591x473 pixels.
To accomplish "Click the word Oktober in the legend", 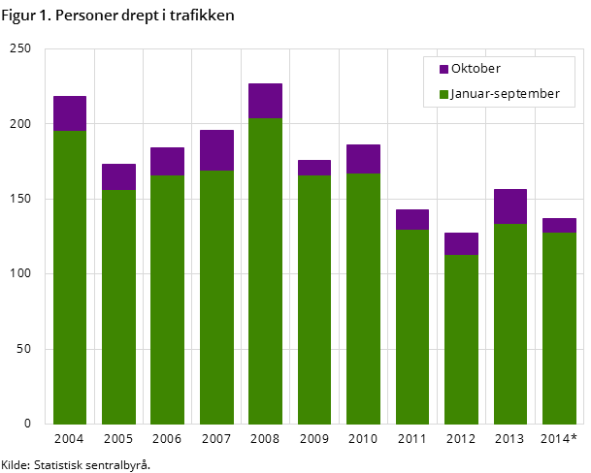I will point(476,70).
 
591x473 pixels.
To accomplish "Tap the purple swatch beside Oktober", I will point(443,70).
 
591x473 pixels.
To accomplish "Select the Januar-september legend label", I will point(505,94).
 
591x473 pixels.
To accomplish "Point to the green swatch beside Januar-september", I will point(443,95).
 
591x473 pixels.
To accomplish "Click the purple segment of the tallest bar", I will point(265,101).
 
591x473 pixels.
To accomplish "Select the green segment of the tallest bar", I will point(265,271).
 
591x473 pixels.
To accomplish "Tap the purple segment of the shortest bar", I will point(461,244).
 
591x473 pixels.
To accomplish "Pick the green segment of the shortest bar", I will point(461,339).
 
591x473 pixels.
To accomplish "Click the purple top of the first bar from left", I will point(70,113).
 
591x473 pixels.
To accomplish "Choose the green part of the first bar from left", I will point(70,277).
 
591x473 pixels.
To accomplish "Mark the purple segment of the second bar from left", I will point(118,177).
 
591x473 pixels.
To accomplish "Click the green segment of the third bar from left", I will point(167,300).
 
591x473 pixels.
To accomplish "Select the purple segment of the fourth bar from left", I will point(216,150).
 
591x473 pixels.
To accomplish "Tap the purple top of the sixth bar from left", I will point(314,168).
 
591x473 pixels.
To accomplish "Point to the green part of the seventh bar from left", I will point(363,299).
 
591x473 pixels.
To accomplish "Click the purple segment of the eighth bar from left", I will point(412,220).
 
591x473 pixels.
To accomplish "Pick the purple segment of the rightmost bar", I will point(559,226).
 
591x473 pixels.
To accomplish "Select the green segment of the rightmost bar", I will point(559,328).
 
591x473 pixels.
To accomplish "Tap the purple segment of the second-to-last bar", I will point(510,206).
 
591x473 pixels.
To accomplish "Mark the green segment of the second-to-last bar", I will point(510,324).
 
